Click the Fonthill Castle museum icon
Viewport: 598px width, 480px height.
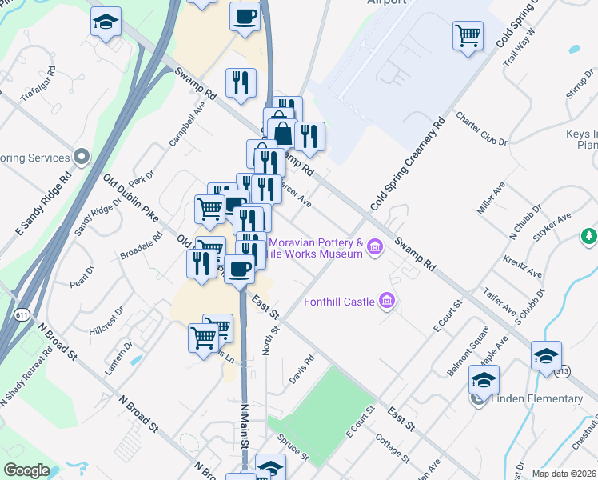tap(388, 301)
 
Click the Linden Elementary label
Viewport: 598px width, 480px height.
tap(536, 398)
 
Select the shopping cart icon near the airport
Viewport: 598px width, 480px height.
tap(468, 34)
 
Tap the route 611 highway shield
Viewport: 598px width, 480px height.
tap(18, 316)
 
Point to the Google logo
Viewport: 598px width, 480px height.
tap(26, 470)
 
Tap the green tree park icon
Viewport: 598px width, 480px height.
tap(588, 236)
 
